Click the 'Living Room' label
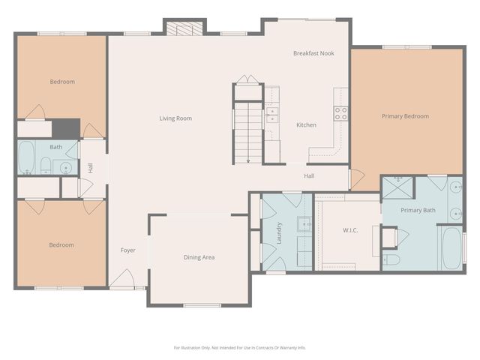tap(175, 118)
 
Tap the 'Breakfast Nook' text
tap(313, 53)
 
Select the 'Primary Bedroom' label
tap(405, 116)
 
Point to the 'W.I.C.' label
tap(349, 229)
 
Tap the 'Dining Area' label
tap(199, 257)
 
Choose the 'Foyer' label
tap(128, 250)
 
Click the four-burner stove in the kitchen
tap(340, 113)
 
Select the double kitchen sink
tap(271, 114)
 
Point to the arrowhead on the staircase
tap(247, 160)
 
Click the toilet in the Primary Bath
tap(391, 259)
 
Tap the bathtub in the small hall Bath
tap(26, 157)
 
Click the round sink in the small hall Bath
tap(66, 166)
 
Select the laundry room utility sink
tap(304, 223)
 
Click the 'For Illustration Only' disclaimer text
tap(239, 347)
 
